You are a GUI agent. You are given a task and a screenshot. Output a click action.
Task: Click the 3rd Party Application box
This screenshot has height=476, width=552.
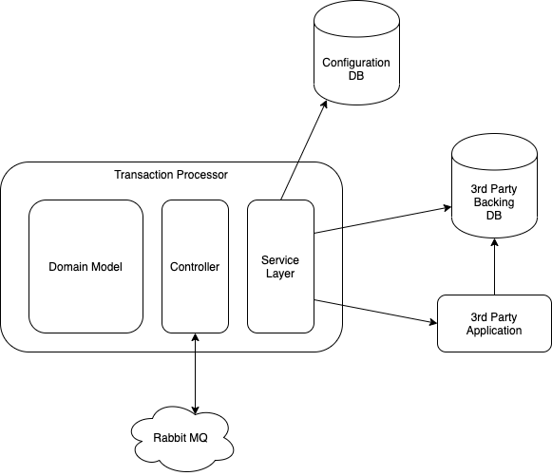pos(494,324)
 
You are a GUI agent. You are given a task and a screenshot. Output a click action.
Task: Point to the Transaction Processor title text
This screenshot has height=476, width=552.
pos(171,176)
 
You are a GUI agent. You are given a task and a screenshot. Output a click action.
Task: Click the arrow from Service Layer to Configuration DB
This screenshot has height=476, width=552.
pos(306,153)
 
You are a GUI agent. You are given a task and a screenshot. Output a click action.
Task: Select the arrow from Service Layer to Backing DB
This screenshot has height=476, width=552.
pos(380,219)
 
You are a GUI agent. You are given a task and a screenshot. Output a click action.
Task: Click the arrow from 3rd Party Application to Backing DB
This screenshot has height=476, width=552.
pos(494,268)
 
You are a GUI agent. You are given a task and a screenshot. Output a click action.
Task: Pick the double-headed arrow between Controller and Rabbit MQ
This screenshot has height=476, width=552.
pos(195,371)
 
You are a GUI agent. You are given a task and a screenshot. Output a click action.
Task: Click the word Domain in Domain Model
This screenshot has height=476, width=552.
pos(68,267)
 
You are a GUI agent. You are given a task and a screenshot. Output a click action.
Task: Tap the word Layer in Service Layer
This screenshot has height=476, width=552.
pos(280,275)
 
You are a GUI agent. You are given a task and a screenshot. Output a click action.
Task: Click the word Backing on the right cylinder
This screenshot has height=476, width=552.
pos(493,202)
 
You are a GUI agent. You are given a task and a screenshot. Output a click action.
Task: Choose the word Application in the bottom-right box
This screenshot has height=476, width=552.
pos(494,331)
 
